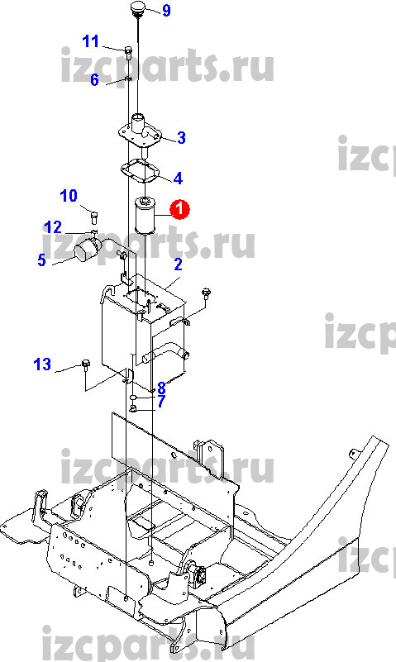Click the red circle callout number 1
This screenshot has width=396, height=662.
[x=179, y=209]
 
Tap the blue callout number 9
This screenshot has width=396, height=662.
[x=166, y=10]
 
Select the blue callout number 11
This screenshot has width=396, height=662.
[x=90, y=41]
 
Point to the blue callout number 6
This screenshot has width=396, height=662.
[x=94, y=79]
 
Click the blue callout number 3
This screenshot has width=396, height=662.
[x=181, y=138]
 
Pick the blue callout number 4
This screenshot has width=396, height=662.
[x=178, y=179]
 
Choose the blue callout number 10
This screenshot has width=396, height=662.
[x=69, y=196]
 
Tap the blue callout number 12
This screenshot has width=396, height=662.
[x=53, y=227]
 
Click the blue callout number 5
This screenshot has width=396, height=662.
[x=41, y=260]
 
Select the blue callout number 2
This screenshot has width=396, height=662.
[x=178, y=264]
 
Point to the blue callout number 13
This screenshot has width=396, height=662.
[x=42, y=364]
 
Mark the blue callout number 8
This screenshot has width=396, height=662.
[x=161, y=388]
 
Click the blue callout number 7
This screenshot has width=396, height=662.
[x=161, y=402]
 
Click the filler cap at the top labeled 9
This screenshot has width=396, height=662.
[x=138, y=10]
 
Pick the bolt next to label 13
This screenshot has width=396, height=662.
[x=86, y=364]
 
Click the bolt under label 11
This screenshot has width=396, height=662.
[x=128, y=52]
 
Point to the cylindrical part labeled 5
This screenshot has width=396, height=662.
[x=88, y=248]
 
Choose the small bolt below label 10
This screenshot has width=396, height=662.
[x=94, y=218]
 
